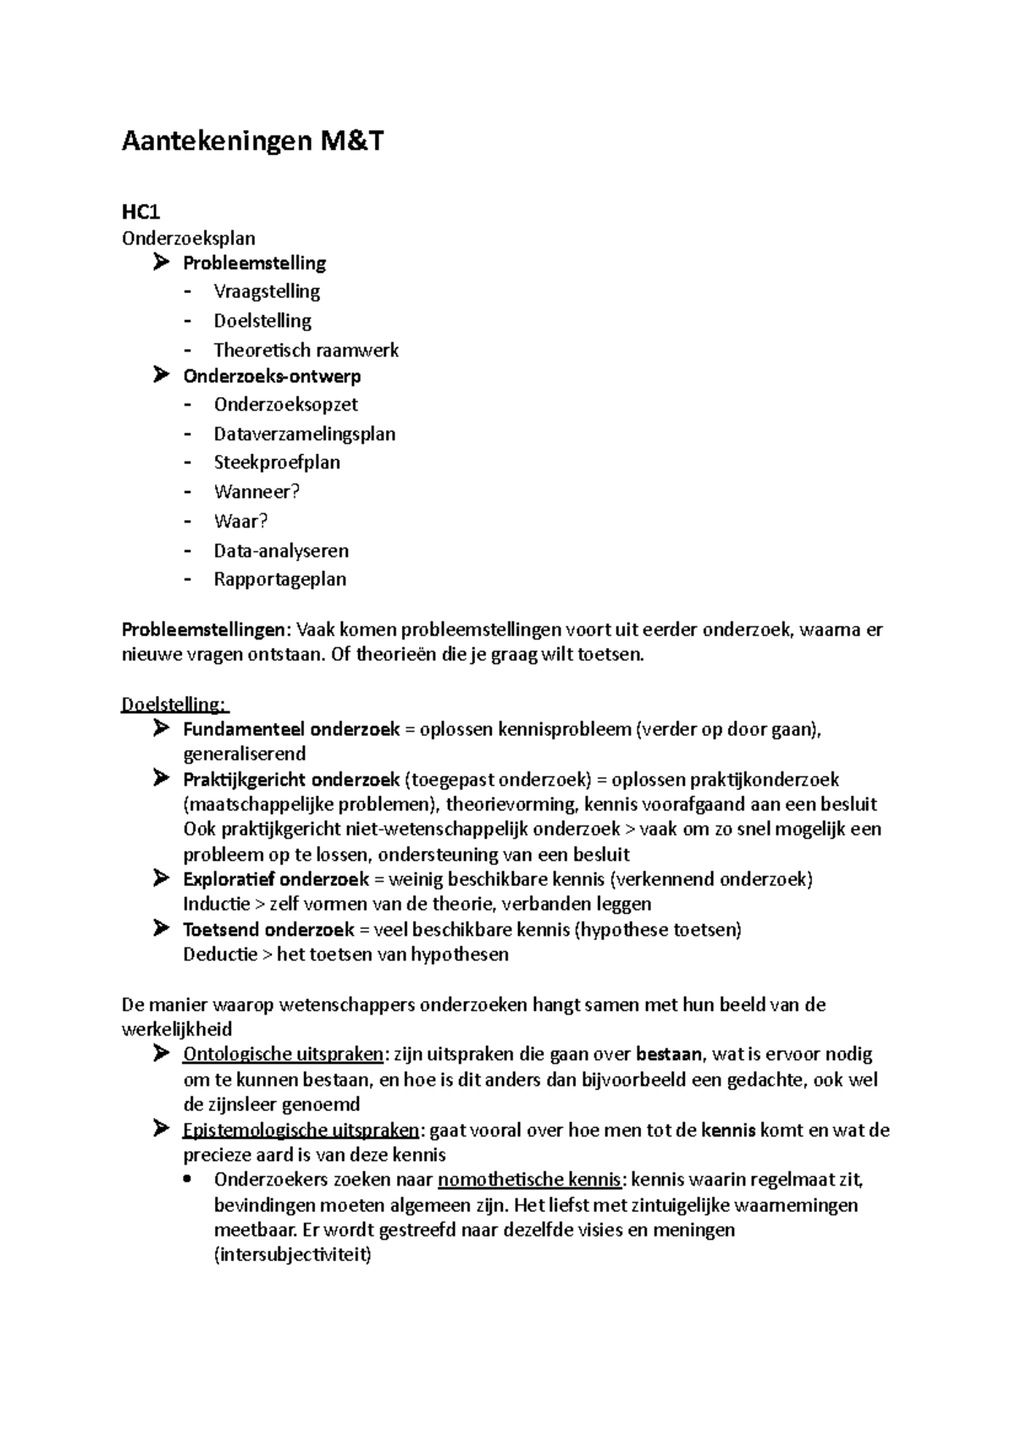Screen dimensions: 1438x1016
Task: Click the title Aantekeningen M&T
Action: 252,141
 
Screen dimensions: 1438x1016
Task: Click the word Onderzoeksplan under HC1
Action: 188,238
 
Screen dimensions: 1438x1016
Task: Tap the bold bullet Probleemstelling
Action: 254,263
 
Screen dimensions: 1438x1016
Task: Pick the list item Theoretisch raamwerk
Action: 306,350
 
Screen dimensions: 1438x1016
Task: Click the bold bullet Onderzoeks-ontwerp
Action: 272,376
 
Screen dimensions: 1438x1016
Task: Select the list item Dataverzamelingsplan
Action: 304,434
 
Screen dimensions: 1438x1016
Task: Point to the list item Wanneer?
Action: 257,491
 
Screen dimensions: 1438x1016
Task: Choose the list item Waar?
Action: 240,521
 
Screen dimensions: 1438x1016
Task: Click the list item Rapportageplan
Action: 280,579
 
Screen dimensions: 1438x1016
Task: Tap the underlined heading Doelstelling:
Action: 174,705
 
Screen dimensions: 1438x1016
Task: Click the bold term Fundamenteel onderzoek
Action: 291,729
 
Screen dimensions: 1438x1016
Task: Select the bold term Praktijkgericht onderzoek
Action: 291,779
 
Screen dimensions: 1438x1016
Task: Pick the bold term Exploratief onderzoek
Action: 276,879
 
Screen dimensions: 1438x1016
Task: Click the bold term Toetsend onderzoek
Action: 268,930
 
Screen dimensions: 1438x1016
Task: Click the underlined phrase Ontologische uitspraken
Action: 283,1054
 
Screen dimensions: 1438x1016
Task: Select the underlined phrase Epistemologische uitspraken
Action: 300,1130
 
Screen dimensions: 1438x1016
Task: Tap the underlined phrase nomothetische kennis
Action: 530,1180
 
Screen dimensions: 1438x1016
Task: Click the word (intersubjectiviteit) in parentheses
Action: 292,1255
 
